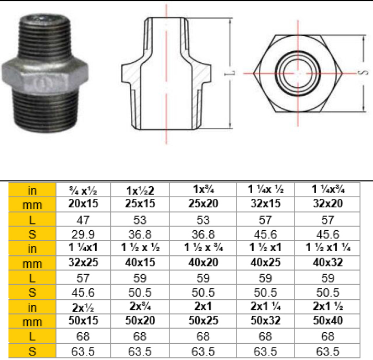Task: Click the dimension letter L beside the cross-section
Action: point(230,73)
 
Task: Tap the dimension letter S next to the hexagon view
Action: point(363,72)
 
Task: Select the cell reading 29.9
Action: point(83,234)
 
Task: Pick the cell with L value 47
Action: point(83,220)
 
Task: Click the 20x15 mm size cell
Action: point(83,204)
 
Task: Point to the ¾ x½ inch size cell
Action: point(83,190)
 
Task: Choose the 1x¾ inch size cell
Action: point(203,189)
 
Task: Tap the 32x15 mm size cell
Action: point(265,204)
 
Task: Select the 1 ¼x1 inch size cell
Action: point(83,248)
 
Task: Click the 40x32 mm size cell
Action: point(327,263)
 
